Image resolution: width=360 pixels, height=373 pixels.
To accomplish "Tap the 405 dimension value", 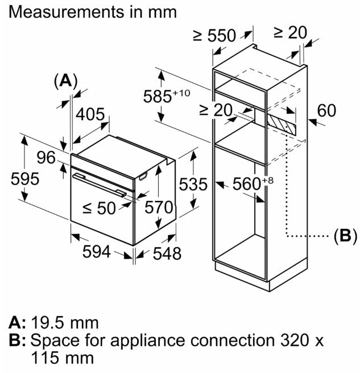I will [90, 114].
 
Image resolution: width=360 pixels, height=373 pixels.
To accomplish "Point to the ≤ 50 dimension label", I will [99, 208].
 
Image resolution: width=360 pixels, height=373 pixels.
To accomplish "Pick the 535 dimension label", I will [191, 183].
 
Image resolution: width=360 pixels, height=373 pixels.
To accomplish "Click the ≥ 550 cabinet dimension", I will [214, 36].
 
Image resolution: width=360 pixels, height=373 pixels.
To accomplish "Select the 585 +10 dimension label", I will [174, 96].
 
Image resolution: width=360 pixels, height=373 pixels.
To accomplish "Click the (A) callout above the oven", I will [65, 81].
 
